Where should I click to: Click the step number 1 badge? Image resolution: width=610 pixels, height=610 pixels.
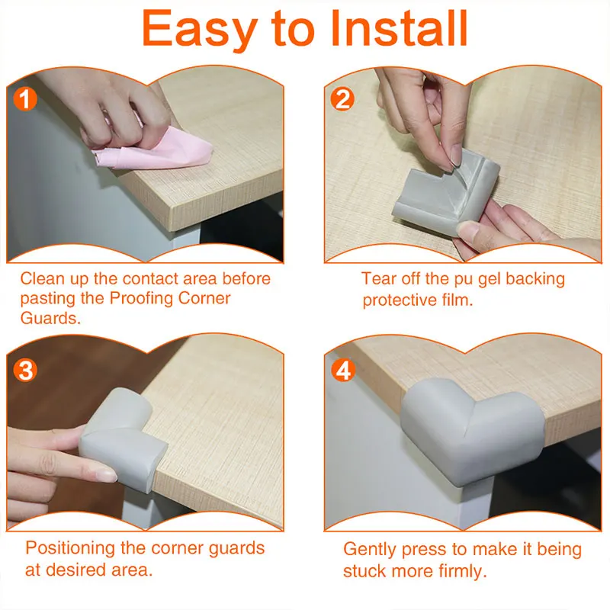(25, 99)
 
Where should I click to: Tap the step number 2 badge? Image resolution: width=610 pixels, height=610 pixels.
(342, 99)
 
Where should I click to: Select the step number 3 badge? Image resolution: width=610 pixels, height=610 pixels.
(25, 370)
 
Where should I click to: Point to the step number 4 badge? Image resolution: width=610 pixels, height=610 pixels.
(343, 370)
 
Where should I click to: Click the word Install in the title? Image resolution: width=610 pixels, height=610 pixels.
(398, 29)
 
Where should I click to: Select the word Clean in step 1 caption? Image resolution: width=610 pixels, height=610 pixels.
(43, 278)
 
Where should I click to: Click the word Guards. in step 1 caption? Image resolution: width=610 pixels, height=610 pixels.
(50, 318)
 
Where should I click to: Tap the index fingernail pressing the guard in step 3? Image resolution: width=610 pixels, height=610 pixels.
(104, 475)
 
